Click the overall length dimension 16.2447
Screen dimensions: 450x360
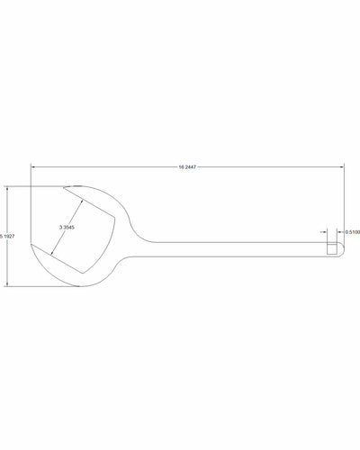click(x=189, y=167)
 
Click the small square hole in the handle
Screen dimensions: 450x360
click(x=332, y=247)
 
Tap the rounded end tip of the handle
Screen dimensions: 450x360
click(x=344, y=247)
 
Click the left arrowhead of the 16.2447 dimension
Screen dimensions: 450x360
click(x=33, y=167)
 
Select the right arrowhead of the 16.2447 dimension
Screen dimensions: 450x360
click(x=343, y=167)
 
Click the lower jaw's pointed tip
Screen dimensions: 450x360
click(x=31, y=245)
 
